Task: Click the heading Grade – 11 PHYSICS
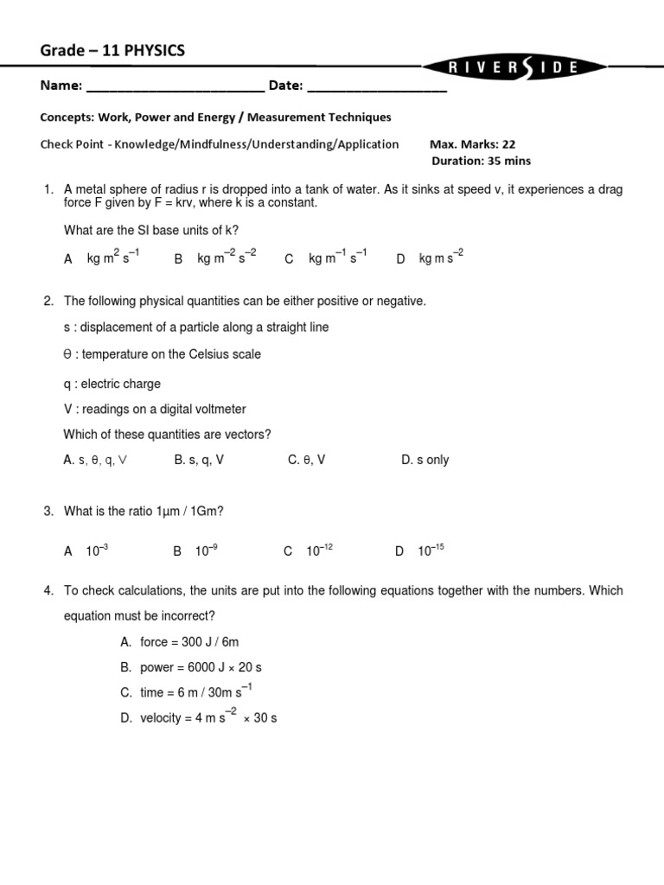click(112, 51)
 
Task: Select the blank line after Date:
click(377, 86)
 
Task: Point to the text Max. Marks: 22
click(472, 144)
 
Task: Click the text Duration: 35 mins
click(481, 161)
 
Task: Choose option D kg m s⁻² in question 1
click(430, 258)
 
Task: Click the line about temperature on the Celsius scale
click(163, 354)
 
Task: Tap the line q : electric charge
click(112, 384)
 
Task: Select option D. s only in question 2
click(425, 460)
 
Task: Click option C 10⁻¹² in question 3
click(309, 551)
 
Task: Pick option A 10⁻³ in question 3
click(86, 551)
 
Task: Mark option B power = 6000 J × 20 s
click(195, 667)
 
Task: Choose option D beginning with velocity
click(199, 717)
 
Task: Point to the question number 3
click(48, 512)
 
